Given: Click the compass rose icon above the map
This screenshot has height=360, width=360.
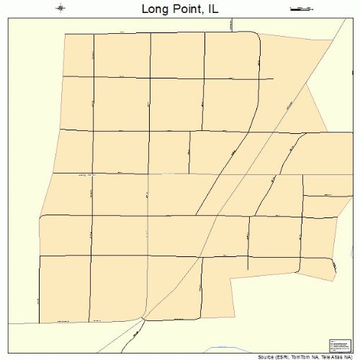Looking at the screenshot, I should point(60,8).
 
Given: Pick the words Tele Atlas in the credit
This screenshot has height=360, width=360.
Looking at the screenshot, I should point(333,356).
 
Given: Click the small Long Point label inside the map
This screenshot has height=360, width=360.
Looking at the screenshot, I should point(86,175).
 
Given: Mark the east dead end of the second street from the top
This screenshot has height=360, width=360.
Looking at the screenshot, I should point(273,79).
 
